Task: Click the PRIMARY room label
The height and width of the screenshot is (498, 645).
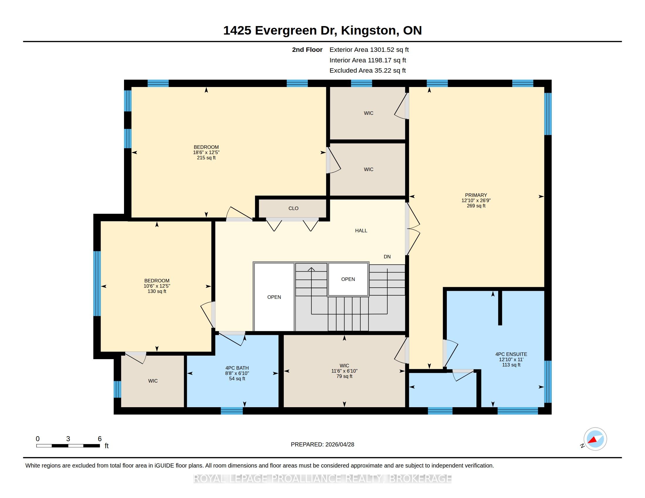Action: pyautogui.click(x=476, y=195)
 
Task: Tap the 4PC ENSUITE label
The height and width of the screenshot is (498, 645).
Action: pyautogui.click(x=511, y=354)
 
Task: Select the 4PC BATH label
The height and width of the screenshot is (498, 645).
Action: pyautogui.click(x=237, y=368)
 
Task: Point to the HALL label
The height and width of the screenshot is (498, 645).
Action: pyautogui.click(x=361, y=231)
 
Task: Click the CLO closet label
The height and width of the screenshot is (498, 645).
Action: pyautogui.click(x=293, y=208)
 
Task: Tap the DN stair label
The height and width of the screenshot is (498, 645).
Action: pyautogui.click(x=387, y=257)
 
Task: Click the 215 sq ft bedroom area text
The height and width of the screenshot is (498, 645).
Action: pyautogui.click(x=206, y=158)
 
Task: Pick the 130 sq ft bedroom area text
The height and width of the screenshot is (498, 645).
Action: pyautogui.click(x=157, y=291)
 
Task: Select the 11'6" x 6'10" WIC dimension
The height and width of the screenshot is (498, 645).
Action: pyautogui.click(x=344, y=371)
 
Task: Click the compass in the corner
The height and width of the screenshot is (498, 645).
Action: pyautogui.click(x=595, y=439)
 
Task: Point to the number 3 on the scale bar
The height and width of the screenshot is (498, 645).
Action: pyautogui.click(x=68, y=439)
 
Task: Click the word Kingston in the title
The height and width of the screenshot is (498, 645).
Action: pyautogui.click(x=369, y=30)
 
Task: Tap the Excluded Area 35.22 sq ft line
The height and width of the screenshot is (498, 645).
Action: pyautogui.click(x=367, y=71)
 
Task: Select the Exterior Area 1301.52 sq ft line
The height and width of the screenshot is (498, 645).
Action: pyautogui.click(x=369, y=50)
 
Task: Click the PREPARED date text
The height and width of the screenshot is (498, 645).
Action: pyautogui.click(x=322, y=444)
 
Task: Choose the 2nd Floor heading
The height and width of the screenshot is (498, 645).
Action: pyautogui.click(x=307, y=50)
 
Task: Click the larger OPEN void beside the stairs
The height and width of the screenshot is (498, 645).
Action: pyautogui.click(x=274, y=297)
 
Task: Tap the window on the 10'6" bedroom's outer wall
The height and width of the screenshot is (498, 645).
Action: pyautogui.click(x=97, y=284)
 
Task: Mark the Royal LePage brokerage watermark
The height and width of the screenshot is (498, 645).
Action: pyautogui.click(x=322, y=479)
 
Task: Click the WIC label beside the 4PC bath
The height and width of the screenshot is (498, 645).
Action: pyautogui.click(x=153, y=381)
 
